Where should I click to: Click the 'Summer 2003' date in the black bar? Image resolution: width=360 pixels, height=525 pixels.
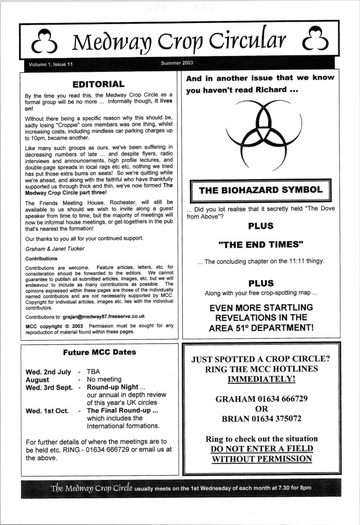(177, 64)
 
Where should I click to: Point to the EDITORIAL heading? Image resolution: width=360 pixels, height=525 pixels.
(99, 84)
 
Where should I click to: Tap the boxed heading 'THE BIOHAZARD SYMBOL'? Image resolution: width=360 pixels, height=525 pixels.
(260, 190)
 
